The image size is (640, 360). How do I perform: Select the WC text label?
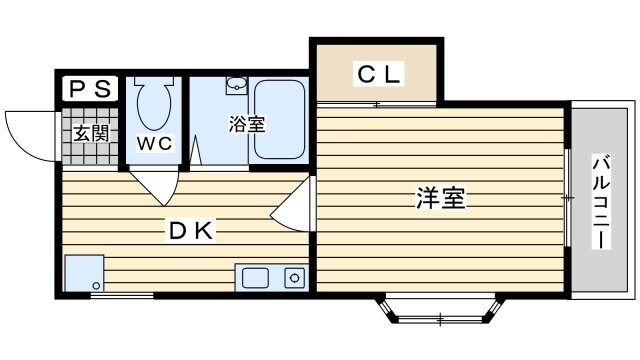pos(155,143)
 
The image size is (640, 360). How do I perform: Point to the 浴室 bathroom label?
pos(246,125)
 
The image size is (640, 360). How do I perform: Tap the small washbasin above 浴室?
pos(236,84)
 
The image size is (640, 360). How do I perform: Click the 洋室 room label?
pos(440,197)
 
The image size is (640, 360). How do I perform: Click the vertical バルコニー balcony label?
pos(602,201)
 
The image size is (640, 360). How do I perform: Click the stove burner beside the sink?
pos(294,277)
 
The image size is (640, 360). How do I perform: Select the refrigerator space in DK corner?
pos(83,272)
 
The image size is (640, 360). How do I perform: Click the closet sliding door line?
pos(378,104)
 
